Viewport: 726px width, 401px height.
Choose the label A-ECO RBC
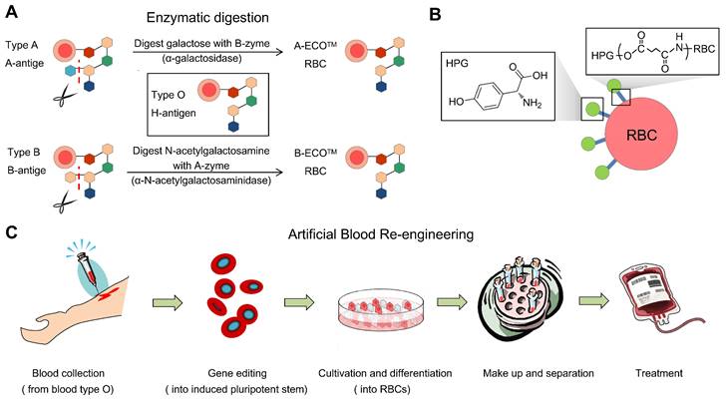click(328, 52)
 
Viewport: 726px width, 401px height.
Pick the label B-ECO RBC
click(328, 164)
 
